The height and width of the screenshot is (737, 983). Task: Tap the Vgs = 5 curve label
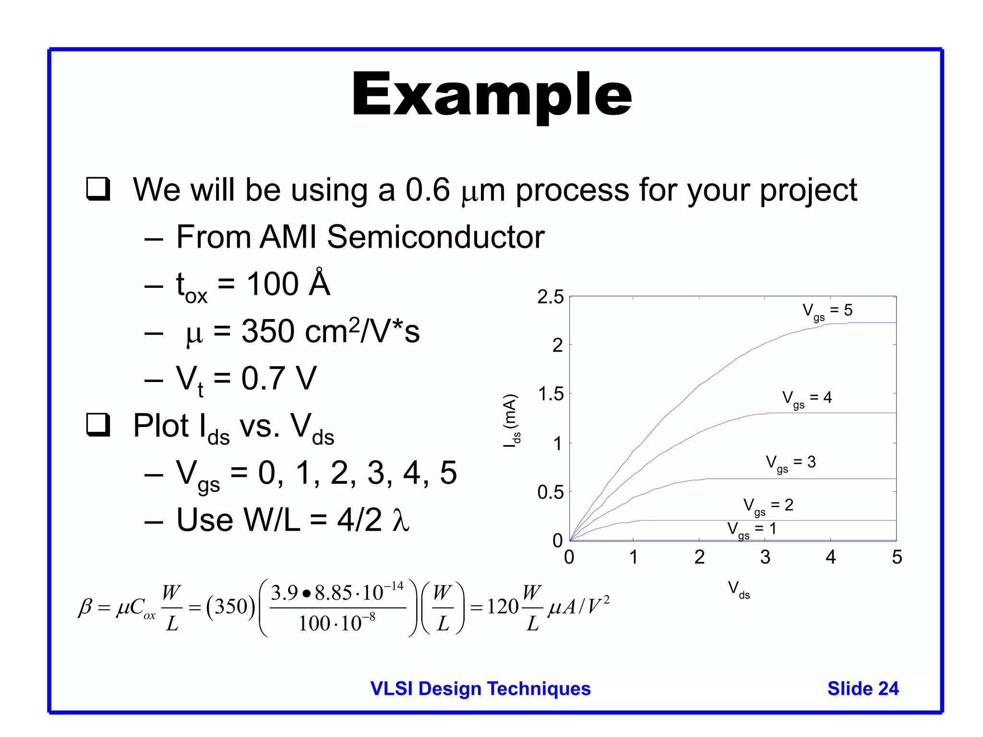pyautogui.click(x=827, y=311)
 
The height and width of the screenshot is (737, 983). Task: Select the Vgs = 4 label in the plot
pyautogui.click(x=807, y=398)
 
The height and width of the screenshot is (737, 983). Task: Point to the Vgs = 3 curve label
pyautogui.click(x=791, y=463)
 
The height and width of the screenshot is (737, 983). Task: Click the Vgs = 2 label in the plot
pyautogui.click(x=768, y=506)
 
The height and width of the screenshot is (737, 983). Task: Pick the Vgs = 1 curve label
pyautogui.click(x=752, y=530)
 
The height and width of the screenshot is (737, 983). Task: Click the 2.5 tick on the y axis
pyautogui.click(x=550, y=297)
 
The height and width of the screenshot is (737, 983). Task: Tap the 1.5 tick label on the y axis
pyautogui.click(x=551, y=394)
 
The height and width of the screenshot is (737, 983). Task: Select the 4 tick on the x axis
pyautogui.click(x=831, y=557)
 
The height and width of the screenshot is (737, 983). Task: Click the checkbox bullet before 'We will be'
pyautogui.click(x=98, y=189)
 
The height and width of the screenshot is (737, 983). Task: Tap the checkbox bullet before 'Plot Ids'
pyautogui.click(x=98, y=425)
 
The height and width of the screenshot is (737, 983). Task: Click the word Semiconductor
pyautogui.click(x=435, y=237)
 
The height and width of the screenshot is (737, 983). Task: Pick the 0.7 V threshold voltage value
pyautogui.click(x=279, y=378)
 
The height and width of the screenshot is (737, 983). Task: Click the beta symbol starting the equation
pyautogui.click(x=85, y=607)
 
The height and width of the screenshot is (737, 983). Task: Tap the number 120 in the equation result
pyautogui.click(x=503, y=607)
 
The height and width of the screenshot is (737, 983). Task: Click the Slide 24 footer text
pyautogui.click(x=863, y=689)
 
